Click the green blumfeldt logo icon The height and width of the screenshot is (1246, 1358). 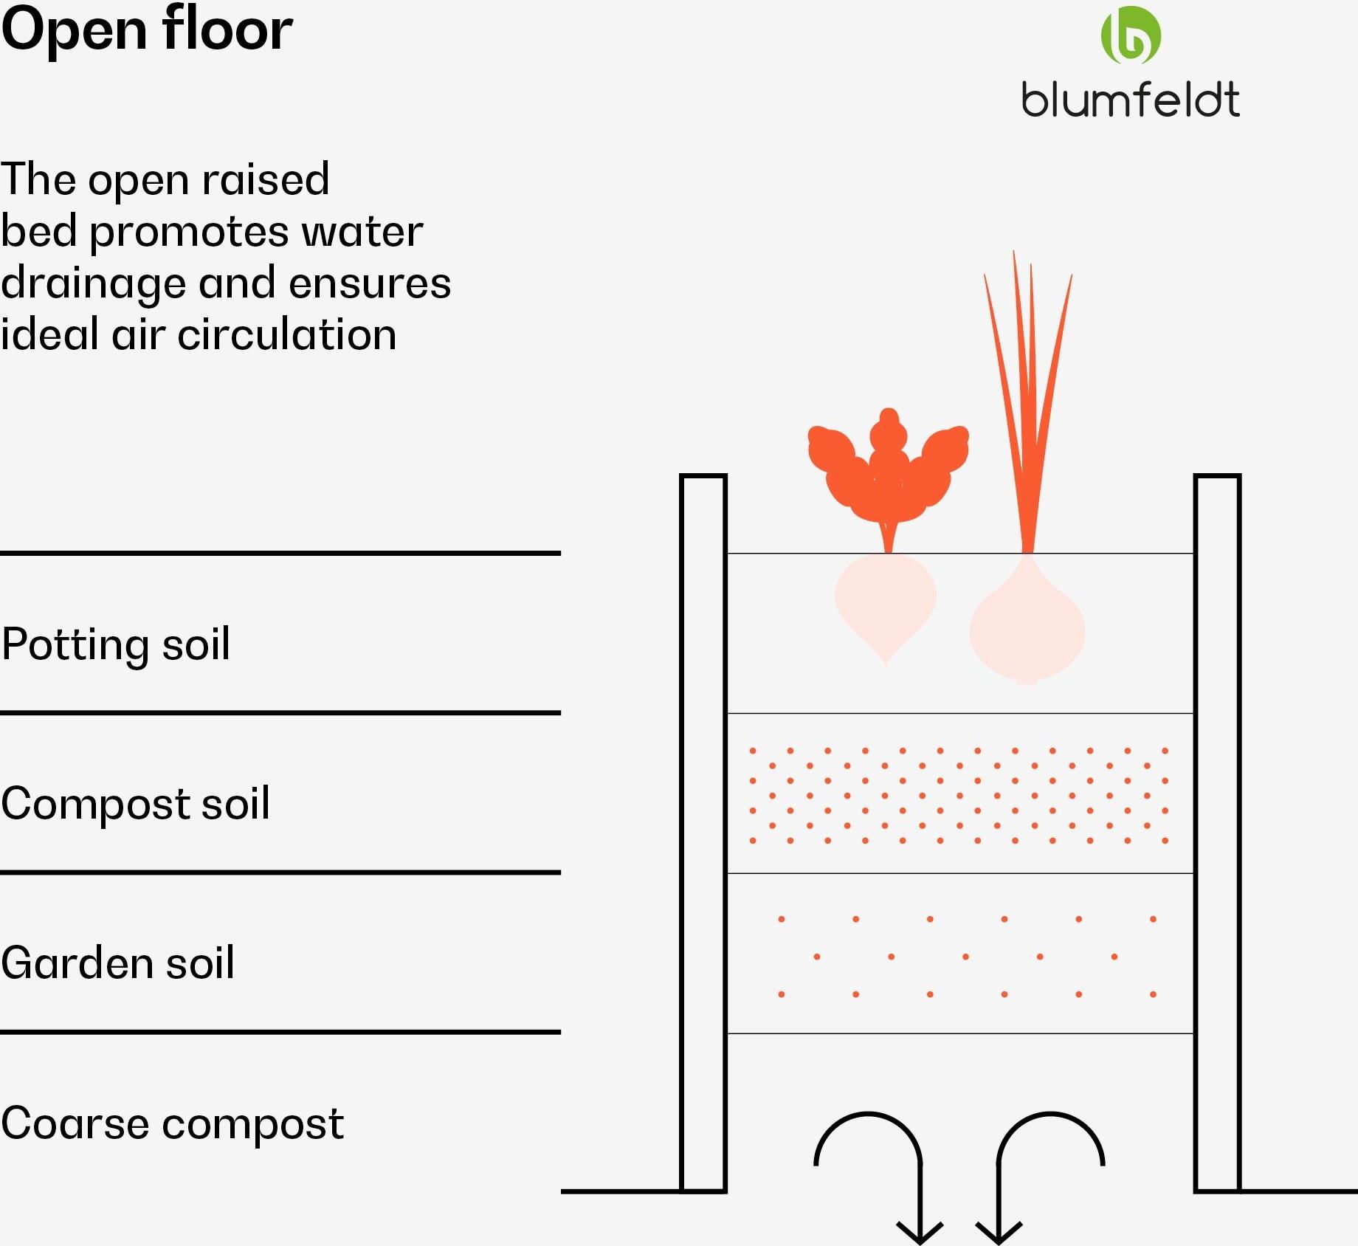pos(1131,35)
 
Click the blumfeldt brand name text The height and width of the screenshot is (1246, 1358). pos(1131,100)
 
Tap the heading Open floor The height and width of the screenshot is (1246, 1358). pos(147,30)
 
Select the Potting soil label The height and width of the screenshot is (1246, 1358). pos(116,644)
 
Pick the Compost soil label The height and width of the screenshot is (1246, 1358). pos(136,803)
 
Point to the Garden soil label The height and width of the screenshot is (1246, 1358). pos(118,963)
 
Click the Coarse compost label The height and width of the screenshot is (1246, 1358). pos(173,1123)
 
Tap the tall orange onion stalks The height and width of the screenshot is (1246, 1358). pos(1027,402)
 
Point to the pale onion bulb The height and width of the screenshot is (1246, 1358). pos(1027,620)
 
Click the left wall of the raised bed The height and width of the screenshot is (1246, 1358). pos(703,833)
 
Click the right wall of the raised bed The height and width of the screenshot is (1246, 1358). pos(1218,833)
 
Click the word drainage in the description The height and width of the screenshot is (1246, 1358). pos(93,285)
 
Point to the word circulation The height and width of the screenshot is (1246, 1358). pos(287,334)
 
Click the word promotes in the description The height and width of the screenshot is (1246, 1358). pos(189,233)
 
